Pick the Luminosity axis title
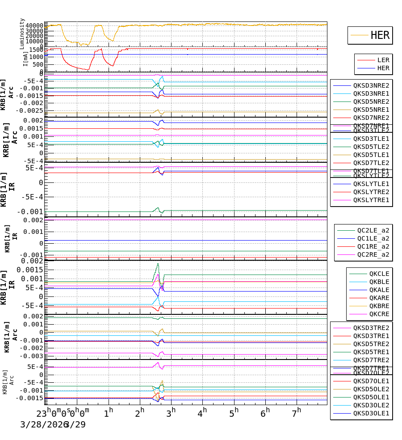point(22,34)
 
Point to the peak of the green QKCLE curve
point(158,264)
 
